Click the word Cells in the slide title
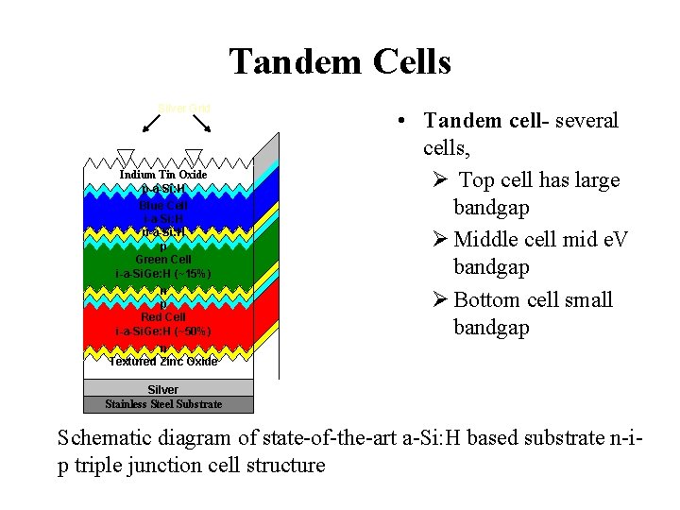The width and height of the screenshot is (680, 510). pos(404,62)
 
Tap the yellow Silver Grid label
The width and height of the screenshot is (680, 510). pos(185,109)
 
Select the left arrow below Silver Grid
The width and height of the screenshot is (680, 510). pos(152,125)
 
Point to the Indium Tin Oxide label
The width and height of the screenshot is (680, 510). pos(162,175)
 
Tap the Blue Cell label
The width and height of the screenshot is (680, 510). pos(163,205)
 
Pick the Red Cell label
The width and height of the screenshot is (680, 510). pos(163,317)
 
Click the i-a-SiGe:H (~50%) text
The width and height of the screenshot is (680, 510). pos(162,331)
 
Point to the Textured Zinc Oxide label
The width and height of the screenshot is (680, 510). pos(162,362)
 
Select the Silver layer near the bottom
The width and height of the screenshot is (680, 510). pos(162,389)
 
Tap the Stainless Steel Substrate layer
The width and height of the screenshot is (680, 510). pos(163,404)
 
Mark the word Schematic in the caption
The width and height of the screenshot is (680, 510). pos(105,438)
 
